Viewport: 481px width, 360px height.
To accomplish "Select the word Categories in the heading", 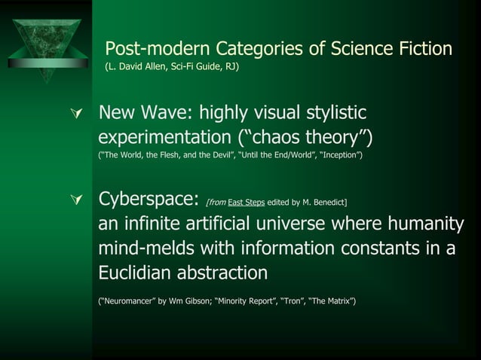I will point(270,49).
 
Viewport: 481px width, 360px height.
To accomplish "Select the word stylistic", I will point(330,114).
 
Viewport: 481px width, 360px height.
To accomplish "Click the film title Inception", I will point(341,155).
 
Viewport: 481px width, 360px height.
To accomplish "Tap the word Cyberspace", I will point(148,201).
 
